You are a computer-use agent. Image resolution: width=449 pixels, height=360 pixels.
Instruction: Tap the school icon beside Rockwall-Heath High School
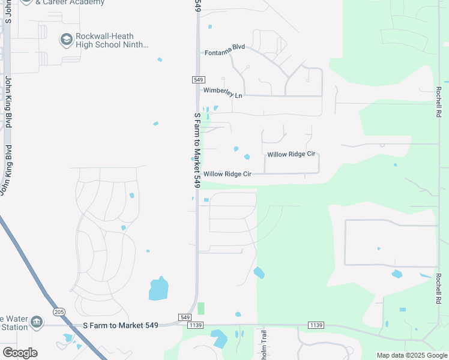pyautogui.click(x=66, y=40)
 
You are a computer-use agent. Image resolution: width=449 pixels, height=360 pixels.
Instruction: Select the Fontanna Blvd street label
pyautogui.click(x=225, y=53)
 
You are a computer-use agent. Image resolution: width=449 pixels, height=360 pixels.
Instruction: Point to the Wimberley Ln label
pyautogui.click(x=223, y=94)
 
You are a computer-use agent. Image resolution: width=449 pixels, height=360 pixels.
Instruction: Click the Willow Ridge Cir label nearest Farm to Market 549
pyautogui.click(x=227, y=174)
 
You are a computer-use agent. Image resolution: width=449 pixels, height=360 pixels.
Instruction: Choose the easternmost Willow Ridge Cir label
pyautogui.click(x=291, y=154)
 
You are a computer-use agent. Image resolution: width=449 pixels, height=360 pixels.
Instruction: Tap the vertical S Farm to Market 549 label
pyautogui.click(x=197, y=150)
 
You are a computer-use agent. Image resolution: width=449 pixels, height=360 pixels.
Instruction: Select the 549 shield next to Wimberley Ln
pyautogui.click(x=199, y=80)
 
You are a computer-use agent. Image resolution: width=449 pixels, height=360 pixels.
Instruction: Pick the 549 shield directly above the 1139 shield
pyautogui.click(x=184, y=317)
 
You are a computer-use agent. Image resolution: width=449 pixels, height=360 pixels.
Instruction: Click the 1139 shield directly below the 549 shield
pyautogui.click(x=196, y=325)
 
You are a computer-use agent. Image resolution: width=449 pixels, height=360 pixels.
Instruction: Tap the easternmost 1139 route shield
pyautogui.click(x=316, y=325)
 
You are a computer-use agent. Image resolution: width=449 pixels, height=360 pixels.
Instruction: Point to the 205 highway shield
pyautogui.click(x=58, y=312)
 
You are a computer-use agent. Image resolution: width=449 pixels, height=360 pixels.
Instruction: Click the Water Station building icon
pyautogui.click(x=37, y=323)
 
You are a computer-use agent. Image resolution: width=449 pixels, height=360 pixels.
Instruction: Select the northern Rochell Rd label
pyautogui.click(x=439, y=101)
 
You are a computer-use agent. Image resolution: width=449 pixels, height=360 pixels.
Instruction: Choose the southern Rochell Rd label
pyautogui.click(x=439, y=293)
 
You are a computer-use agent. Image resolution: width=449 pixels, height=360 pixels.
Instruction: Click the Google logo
pyautogui.click(x=20, y=353)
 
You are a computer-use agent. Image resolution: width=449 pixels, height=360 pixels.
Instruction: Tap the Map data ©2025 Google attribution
pyautogui.click(x=411, y=355)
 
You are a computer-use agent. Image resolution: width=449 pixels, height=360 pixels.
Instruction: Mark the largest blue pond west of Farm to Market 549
pyautogui.click(x=158, y=289)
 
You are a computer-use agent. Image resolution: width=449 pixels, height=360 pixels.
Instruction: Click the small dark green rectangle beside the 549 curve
pyautogui.click(x=201, y=308)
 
